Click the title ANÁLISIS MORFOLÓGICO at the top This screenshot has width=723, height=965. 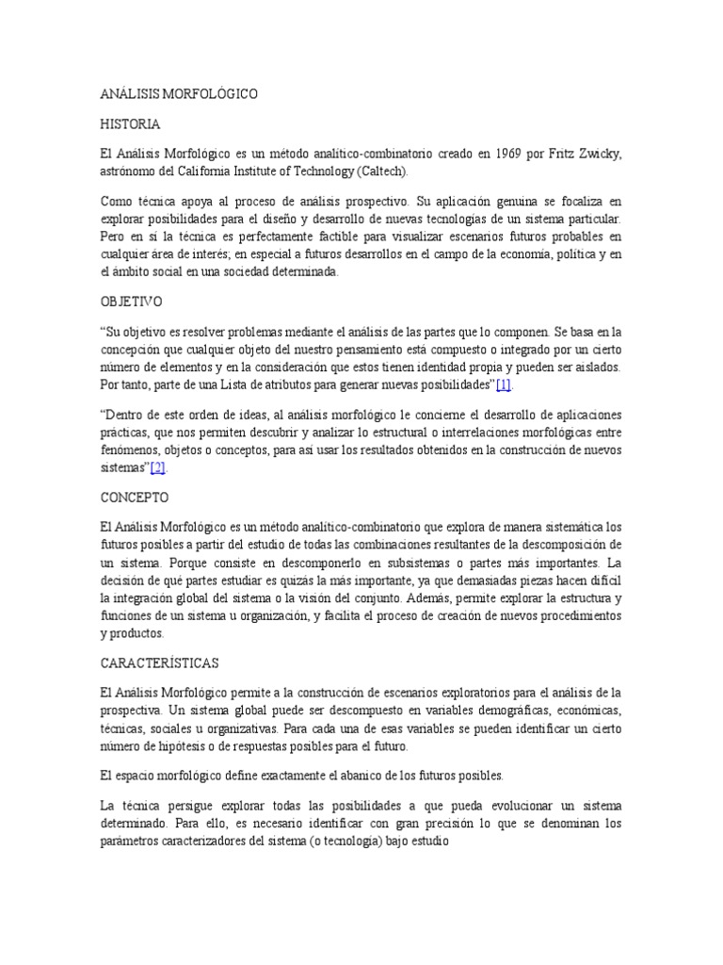178,95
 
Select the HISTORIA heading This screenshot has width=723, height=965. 130,124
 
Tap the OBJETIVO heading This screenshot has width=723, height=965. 132,303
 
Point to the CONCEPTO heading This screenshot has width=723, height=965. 134,496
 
